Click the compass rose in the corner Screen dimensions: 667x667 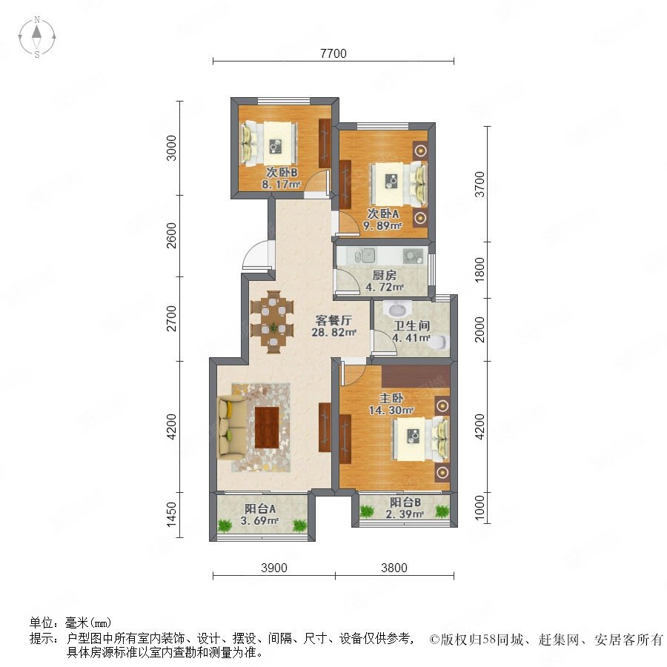tap(37, 37)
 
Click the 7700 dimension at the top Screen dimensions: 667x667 tap(333, 53)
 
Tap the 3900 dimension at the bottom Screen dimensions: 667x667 tap(274, 568)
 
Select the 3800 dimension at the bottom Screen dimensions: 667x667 tap(394, 568)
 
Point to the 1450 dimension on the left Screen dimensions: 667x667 tap(171, 514)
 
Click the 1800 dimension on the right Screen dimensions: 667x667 tap(479, 269)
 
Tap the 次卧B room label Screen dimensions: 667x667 tap(282, 173)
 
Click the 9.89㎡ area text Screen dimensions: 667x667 tap(382, 225)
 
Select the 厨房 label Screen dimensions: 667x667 tap(384, 275)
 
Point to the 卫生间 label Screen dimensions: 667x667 tap(411, 326)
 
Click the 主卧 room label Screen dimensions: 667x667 tap(391, 398)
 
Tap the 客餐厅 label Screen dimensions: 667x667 tap(333, 320)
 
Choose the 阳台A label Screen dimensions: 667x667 tap(260, 508)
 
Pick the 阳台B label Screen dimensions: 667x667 tap(405, 502)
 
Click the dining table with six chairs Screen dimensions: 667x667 tap(272, 322)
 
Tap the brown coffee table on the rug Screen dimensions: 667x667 tap(267, 427)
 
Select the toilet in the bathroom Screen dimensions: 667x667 tap(440, 342)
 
